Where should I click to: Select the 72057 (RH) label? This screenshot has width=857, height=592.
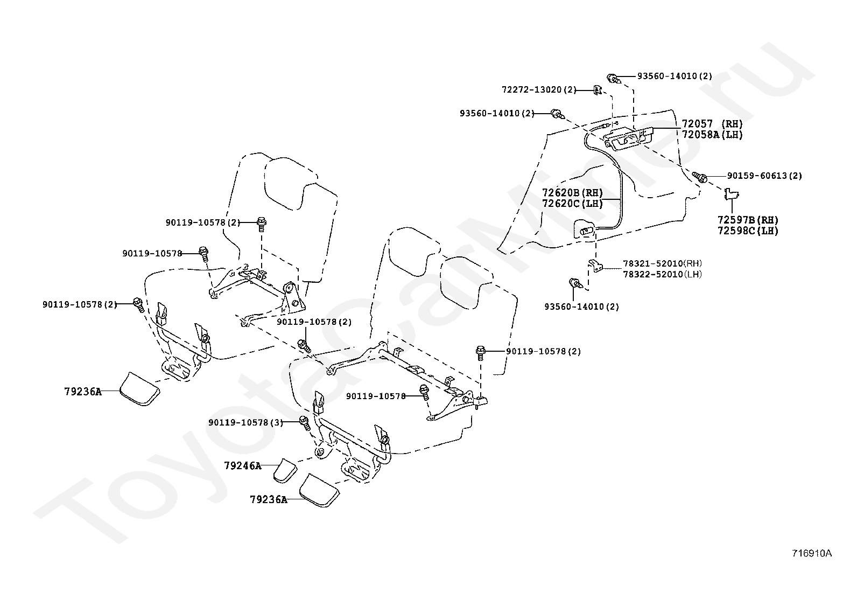(712, 124)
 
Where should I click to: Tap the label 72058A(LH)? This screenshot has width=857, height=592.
(712, 135)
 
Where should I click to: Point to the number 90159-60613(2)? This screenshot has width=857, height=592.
(764, 176)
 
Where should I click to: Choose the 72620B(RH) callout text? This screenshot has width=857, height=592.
(572, 192)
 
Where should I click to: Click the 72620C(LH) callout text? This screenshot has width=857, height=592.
(572, 203)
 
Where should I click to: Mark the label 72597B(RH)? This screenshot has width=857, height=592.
(747, 220)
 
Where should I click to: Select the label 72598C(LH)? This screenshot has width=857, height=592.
(747, 231)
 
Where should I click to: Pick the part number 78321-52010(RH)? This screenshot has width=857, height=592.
(662, 263)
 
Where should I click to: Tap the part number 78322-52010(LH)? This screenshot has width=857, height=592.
(662, 274)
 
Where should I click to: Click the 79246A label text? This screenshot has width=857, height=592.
(242, 465)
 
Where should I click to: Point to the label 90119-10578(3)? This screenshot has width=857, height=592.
(245, 422)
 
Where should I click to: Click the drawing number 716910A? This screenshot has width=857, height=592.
(811, 553)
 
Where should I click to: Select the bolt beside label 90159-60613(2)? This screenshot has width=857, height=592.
(700, 176)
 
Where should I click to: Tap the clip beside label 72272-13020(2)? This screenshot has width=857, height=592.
(597, 89)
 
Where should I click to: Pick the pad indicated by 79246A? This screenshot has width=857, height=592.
(285, 470)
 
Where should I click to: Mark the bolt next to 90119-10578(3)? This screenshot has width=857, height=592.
(304, 423)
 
